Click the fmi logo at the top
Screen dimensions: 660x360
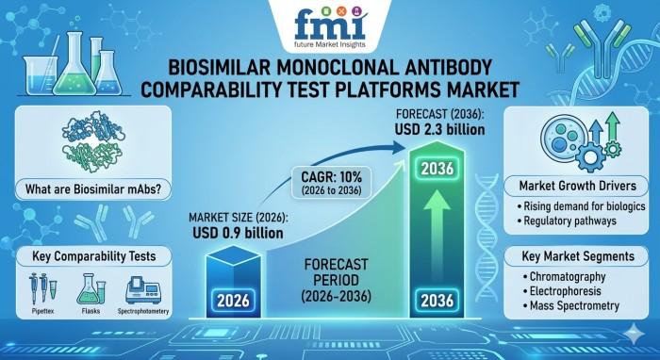click(329, 27)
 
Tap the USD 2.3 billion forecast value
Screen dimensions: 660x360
click(439, 129)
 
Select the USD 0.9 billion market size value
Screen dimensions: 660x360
click(238, 233)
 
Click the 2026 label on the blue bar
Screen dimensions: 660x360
click(233, 301)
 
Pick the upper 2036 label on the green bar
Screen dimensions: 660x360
click(437, 169)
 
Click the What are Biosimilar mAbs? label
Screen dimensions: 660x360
click(93, 188)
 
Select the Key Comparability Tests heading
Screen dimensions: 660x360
click(94, 256)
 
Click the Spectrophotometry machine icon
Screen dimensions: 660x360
click(143, 289)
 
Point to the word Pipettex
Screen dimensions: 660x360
click(42, 312)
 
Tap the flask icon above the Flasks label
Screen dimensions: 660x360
click(91, 288)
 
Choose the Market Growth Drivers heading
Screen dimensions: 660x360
click(577, 186)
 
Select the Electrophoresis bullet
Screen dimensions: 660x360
click(562, 291)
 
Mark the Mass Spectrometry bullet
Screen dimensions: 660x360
click(571, 305)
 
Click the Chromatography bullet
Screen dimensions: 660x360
click(564, 277)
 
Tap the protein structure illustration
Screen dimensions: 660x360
click(93, 142)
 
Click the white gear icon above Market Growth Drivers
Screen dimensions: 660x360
click(589, 156)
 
